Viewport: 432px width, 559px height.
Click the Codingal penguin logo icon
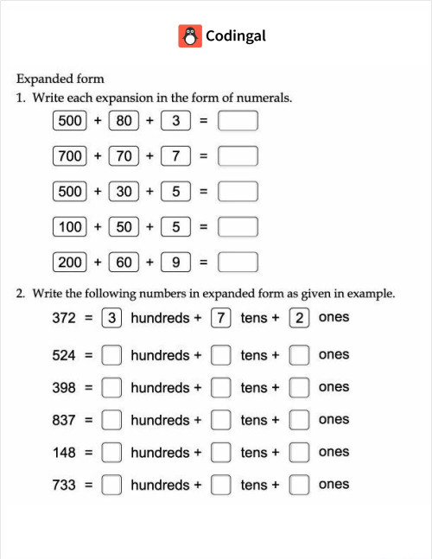[x=190, y=35]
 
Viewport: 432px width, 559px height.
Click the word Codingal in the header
[x=236, y=35]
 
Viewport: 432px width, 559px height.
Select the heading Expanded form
[x=60, y=79]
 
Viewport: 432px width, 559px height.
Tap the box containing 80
[x=124, y=121]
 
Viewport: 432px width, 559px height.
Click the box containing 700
[x=70, y=156]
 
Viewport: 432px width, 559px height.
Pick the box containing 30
[x=124, y=192]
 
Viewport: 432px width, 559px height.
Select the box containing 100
[x=70, y=227]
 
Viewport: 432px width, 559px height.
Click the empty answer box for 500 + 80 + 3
[x=238, y=121]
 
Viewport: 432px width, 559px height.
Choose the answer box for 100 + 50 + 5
[x=238, y=227]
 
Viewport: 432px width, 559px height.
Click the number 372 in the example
[x=65, y=318]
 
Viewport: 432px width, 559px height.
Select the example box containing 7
[x=221, y=318]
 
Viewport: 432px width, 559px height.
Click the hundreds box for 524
[x=111, y=355]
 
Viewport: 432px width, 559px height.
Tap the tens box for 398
[x=221, y=388]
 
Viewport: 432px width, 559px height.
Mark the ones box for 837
[x=299, y=420]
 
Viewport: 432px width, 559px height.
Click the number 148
[x=65, y=453]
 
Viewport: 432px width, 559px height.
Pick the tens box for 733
[x=221, y=485]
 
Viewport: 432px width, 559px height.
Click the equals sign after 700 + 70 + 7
[x=204, y=156]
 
